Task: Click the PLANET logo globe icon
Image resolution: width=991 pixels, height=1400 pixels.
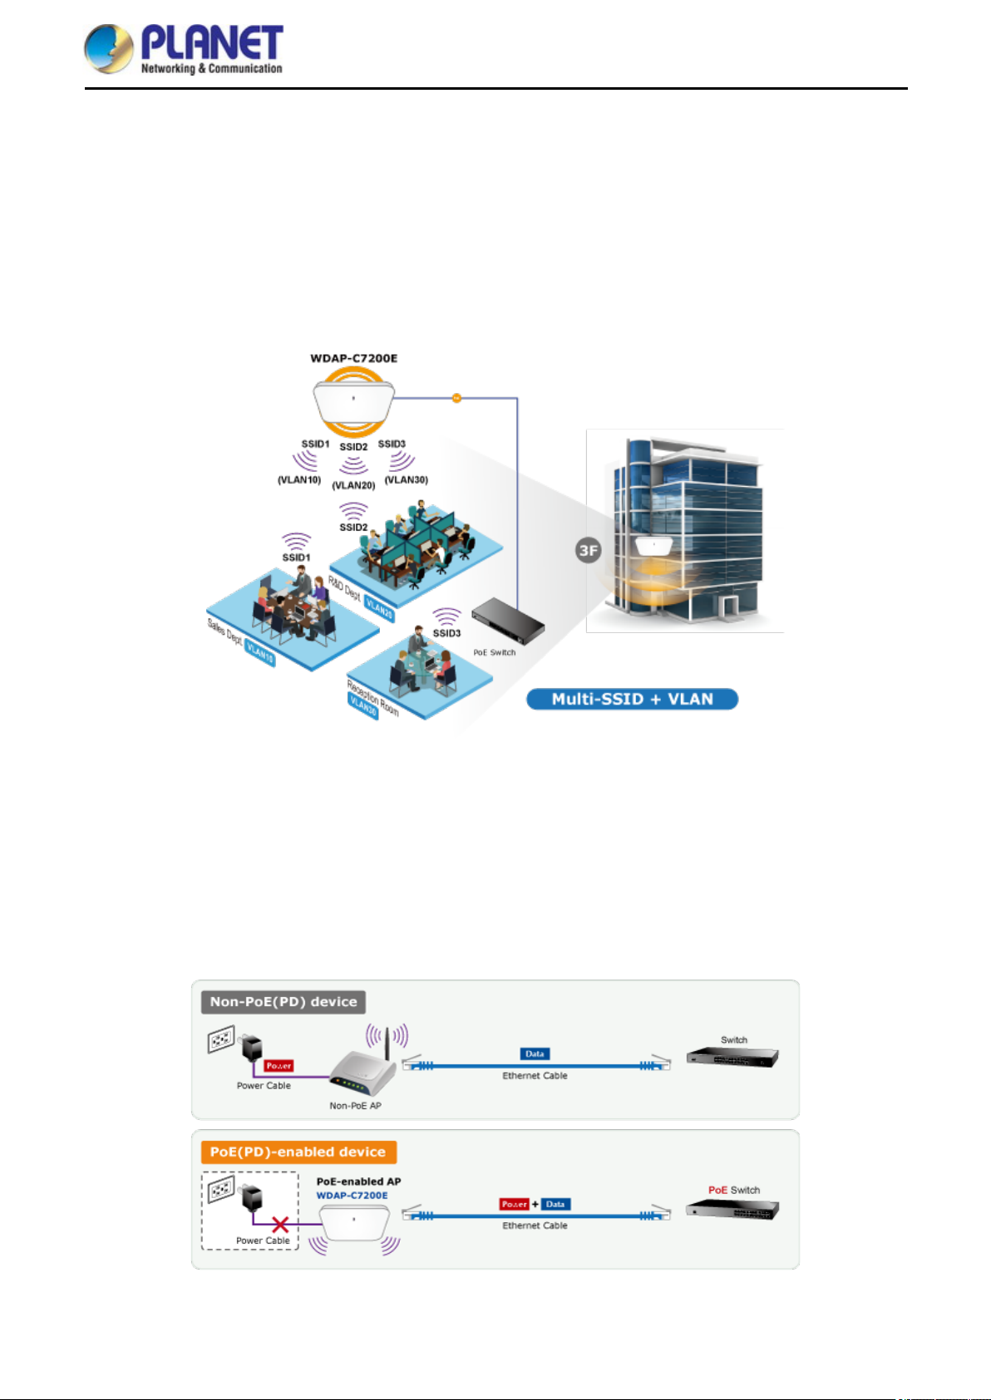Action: coord(109,49)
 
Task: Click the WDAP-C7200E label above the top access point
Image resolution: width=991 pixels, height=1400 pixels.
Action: coord(353,358)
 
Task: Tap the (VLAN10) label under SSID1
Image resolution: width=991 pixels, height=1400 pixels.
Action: coord(299,479)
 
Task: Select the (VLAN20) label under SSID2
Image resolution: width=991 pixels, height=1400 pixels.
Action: coord(353,485)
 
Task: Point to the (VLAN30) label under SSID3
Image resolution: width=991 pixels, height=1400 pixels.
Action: coord(406,479)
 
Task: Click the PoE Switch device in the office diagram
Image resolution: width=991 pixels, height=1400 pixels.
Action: coord(507,619)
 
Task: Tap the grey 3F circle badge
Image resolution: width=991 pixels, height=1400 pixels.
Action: coord(589,550)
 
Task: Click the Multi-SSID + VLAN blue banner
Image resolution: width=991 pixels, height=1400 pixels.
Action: coord(632,699)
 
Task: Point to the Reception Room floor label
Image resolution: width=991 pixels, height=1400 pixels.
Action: coord(373,699)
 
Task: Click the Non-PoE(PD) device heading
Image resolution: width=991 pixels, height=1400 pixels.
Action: coord(283,1002)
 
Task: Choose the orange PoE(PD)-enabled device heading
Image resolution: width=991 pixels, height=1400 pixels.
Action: coord(298,1152)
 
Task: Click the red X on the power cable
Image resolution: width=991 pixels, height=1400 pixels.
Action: coord(281,1224)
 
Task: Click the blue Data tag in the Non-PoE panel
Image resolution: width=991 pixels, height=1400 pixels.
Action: coord(535,1054)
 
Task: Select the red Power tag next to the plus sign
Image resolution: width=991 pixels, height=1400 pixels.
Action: coord(515,1204)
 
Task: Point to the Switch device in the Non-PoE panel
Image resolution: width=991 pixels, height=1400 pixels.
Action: coord(732,1058)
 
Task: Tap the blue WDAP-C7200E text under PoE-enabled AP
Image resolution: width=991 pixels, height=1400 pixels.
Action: coord(352,1196)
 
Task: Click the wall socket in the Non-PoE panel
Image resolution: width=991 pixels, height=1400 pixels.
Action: coord(220,1039)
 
